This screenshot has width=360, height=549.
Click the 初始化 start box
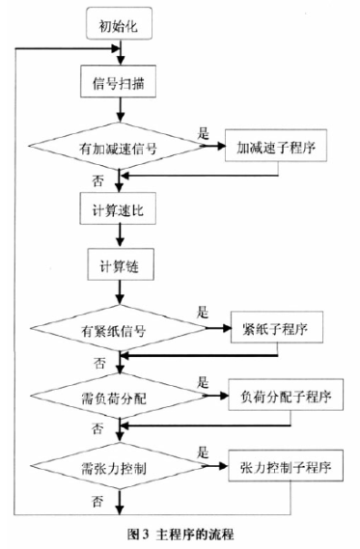click(x=119, y=24)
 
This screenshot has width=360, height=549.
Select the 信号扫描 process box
click(x=119, y=84)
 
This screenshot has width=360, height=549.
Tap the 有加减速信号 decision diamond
click(x=119, y=148)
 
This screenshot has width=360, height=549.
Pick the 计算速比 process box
click(x=119, y=208)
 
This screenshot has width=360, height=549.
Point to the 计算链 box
click(x=119, y=265)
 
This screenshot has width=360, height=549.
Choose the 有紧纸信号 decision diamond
click(x=119, y=331)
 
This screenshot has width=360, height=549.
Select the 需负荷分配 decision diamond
click(x=119, y=397)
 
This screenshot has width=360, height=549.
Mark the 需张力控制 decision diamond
click(x=119, y=467)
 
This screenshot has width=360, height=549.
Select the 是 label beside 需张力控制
click(x=202, y=452)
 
